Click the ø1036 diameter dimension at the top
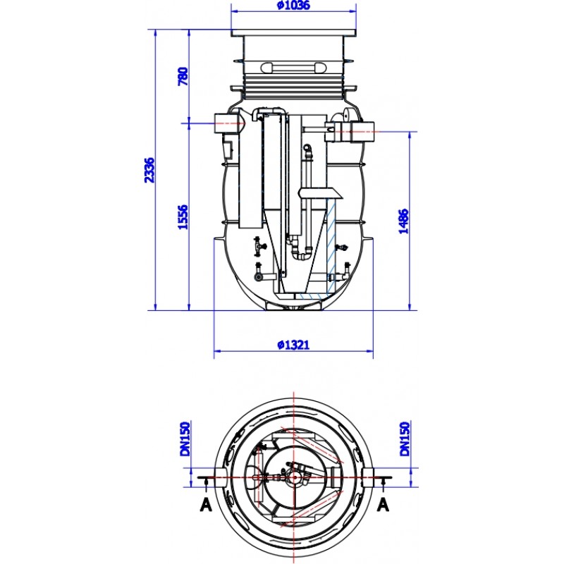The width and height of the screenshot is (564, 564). (293, 6)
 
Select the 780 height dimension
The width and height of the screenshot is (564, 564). (183, 76)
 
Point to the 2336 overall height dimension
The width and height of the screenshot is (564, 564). (149, 169)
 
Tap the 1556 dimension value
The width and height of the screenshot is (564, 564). (183, 216)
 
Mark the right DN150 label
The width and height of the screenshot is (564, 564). (405, 439)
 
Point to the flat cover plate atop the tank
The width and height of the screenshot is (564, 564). (293, 32)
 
